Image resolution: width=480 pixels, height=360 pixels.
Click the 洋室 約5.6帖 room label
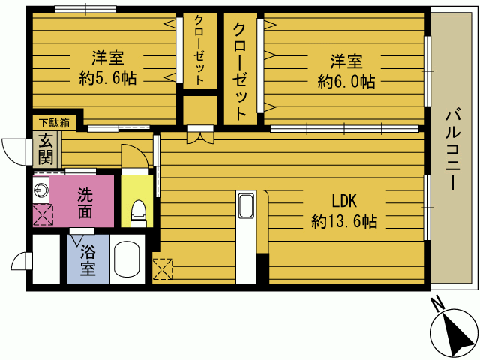tap(108, 68)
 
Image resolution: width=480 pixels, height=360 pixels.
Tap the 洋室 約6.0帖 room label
tap(346, 71)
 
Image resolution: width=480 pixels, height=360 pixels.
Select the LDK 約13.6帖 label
tap(344, 211)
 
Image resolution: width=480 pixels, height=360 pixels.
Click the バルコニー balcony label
tap(453, 149)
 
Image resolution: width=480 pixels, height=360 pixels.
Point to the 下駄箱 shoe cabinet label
tap(54, 123)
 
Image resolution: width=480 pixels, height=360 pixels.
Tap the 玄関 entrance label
tap(45, 149)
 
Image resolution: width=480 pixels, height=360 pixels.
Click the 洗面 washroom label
tap(85, 202)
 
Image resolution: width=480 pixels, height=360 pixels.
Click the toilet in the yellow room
tap(138, 213)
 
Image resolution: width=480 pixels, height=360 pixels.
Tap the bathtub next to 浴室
tap(127, 260)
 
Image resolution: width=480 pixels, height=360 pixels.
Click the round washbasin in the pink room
tap(41, 190)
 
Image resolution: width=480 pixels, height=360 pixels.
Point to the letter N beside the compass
tap(438, 303)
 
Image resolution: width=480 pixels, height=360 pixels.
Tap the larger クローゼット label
tap(240, 71)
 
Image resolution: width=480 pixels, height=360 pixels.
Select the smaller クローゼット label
tap(199, 50)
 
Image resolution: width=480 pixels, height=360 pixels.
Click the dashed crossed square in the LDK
tap(163, 269)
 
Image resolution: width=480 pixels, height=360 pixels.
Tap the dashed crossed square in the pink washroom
tap(43, 215)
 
